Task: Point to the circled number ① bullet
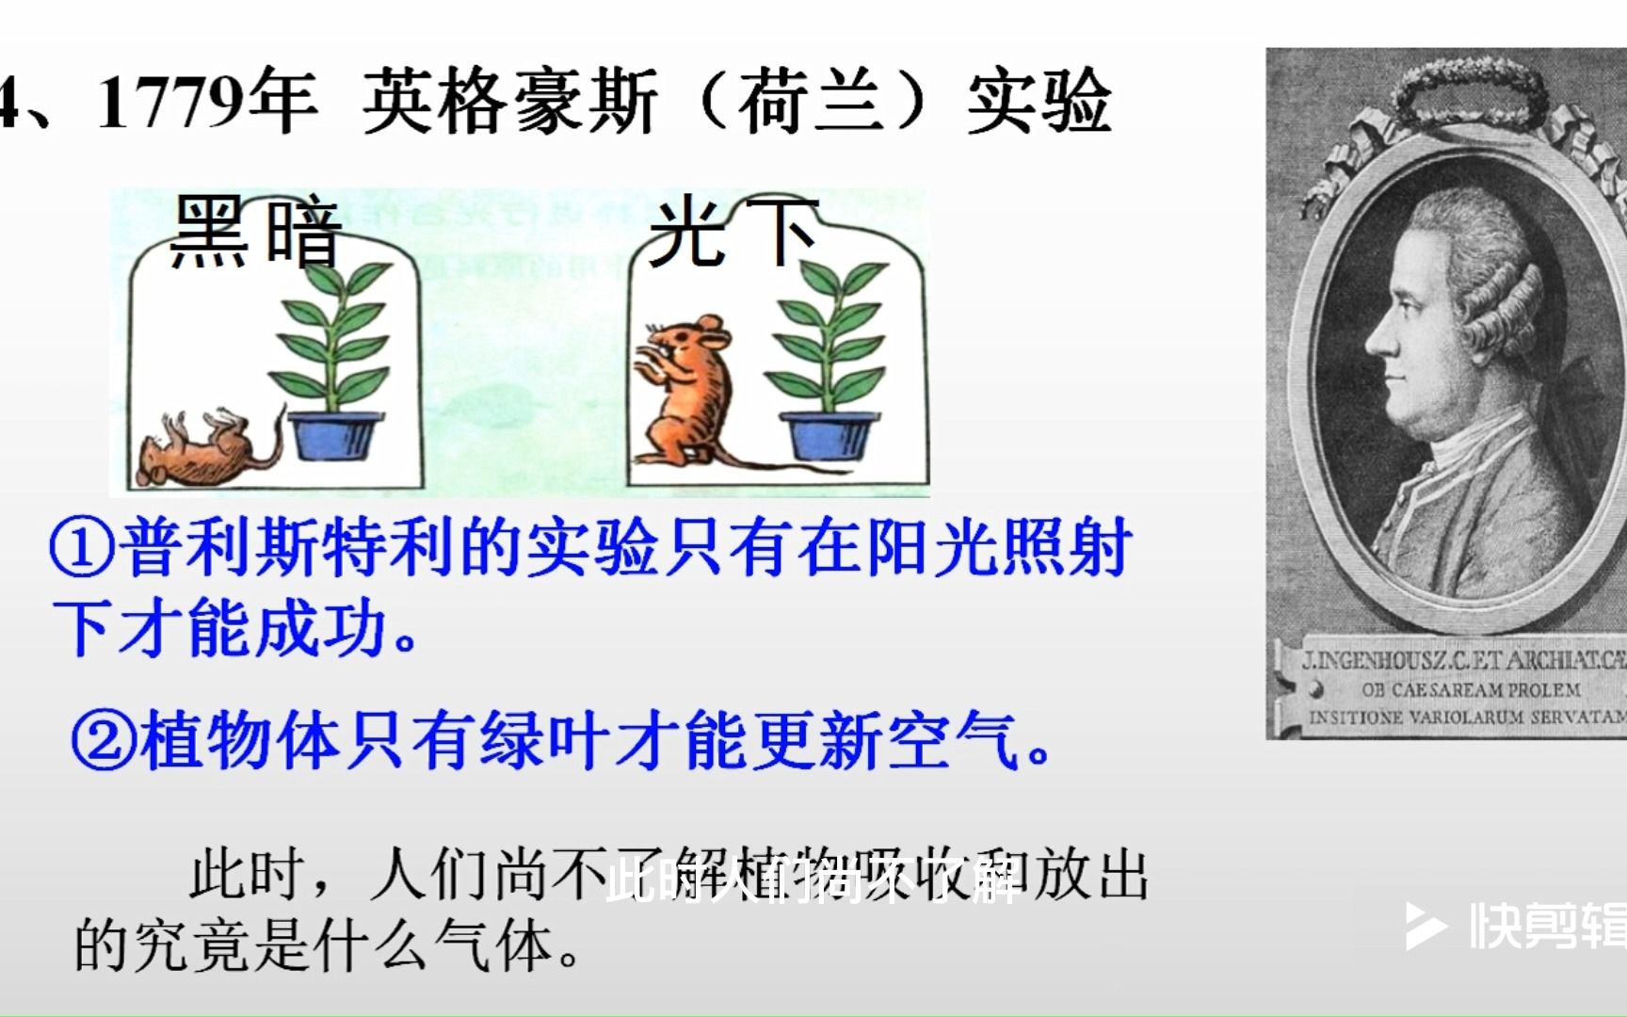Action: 83,549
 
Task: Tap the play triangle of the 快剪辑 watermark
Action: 1425,927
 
